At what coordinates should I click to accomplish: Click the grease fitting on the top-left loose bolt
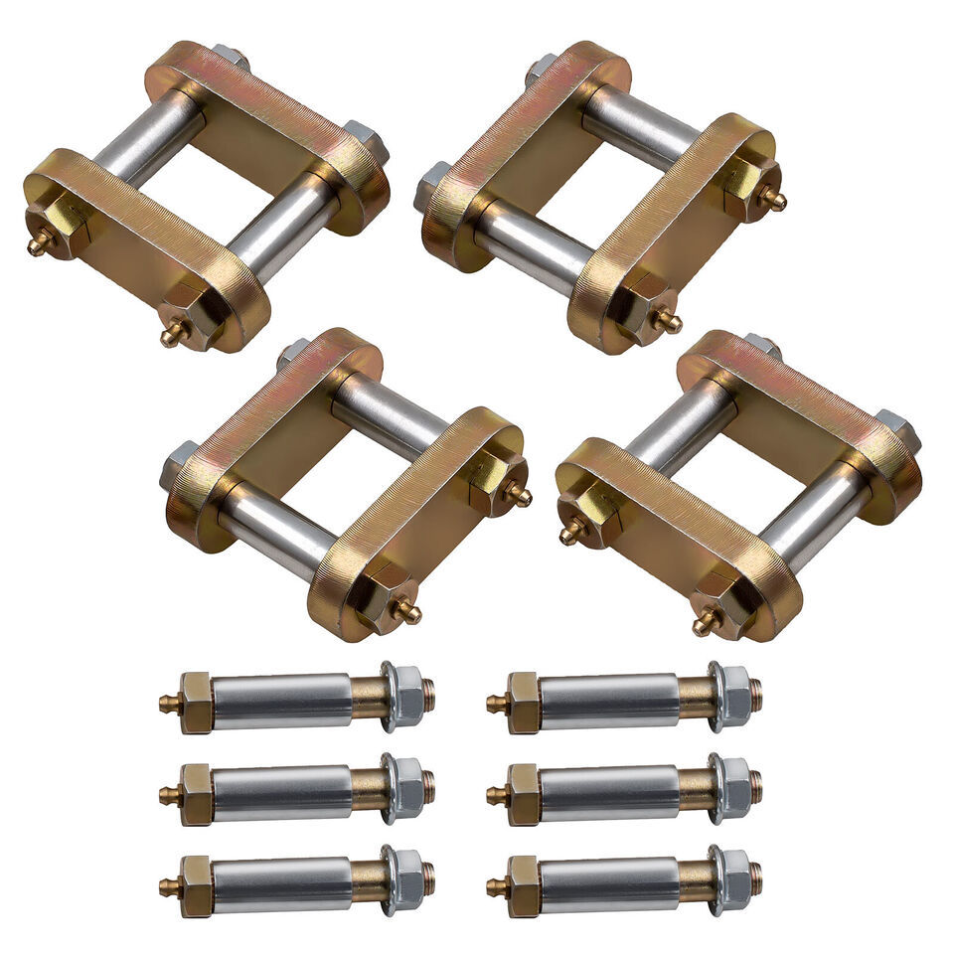170,705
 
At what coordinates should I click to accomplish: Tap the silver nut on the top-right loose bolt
733,696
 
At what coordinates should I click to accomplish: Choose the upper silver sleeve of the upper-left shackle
148,139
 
